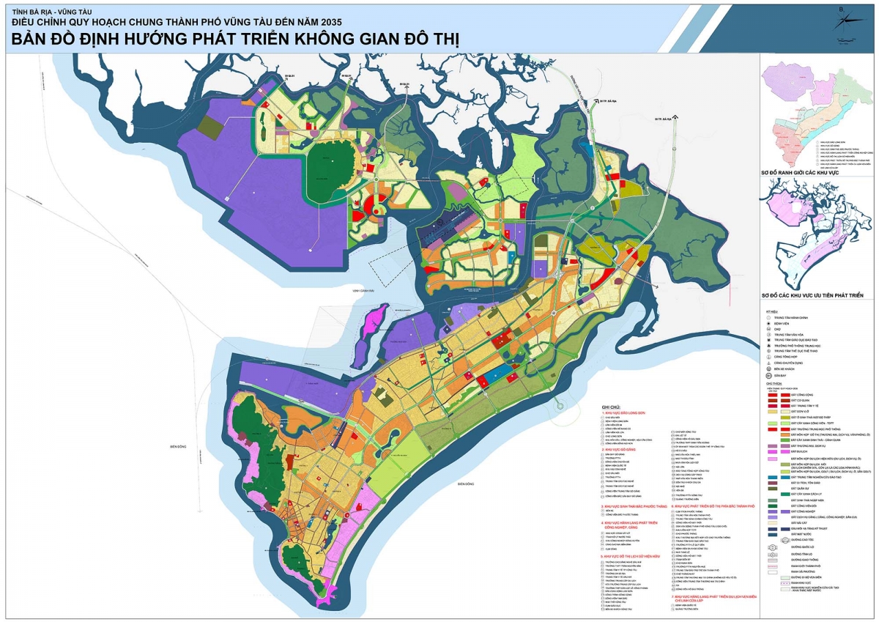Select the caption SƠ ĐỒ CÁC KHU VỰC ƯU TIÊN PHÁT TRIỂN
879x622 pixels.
coord(812,295)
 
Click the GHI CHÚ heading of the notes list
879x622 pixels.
coord(611,406)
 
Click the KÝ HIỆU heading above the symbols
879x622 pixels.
coord(769,311)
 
